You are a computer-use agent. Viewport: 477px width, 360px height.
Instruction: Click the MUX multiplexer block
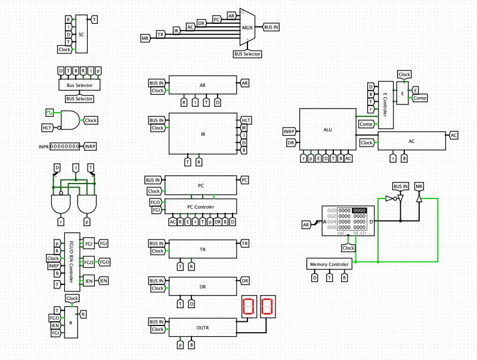click(247, 27)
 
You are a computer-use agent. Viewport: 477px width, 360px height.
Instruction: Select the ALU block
click(327, 130)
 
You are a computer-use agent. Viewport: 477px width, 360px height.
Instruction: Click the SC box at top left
click(81, 35)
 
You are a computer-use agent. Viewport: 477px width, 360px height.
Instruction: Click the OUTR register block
click(203, 327)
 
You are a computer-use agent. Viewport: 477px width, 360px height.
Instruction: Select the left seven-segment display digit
click(249, 307)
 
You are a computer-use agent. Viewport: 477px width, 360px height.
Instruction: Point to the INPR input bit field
click(66, 146)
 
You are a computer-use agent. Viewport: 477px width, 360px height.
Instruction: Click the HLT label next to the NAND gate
click(47, 128)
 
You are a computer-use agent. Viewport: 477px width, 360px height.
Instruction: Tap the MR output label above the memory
click(420, 187)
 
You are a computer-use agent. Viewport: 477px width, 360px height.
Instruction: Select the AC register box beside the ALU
click(411, 141)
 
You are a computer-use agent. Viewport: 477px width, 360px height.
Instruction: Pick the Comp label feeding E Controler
click(366, 124)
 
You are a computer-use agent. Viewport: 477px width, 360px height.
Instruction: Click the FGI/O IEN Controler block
click(72, 262)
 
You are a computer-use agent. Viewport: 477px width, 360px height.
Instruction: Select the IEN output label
click(103, 280)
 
